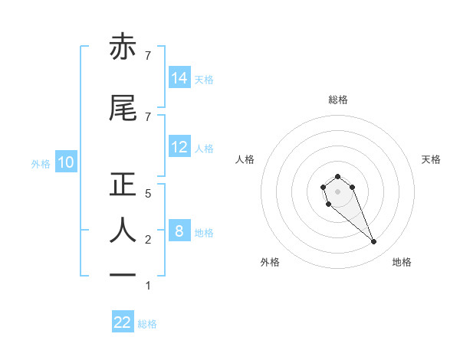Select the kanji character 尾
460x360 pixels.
click(123, 109)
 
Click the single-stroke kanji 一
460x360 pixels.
click(123, 274)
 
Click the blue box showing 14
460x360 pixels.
click(179, 77)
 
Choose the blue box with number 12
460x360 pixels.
click(179, 147)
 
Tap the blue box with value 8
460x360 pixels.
click(179, 231)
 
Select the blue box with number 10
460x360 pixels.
click(66, 162)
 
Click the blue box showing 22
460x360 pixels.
click(123, 322)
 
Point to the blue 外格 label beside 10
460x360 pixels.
click(41, 163)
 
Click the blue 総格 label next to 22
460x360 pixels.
click(147, 323)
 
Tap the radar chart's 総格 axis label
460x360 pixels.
click(338, 100)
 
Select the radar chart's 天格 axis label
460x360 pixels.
click(431, 159)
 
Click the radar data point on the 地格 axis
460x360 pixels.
click(374, 242)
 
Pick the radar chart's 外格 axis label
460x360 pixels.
click(270, 262)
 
